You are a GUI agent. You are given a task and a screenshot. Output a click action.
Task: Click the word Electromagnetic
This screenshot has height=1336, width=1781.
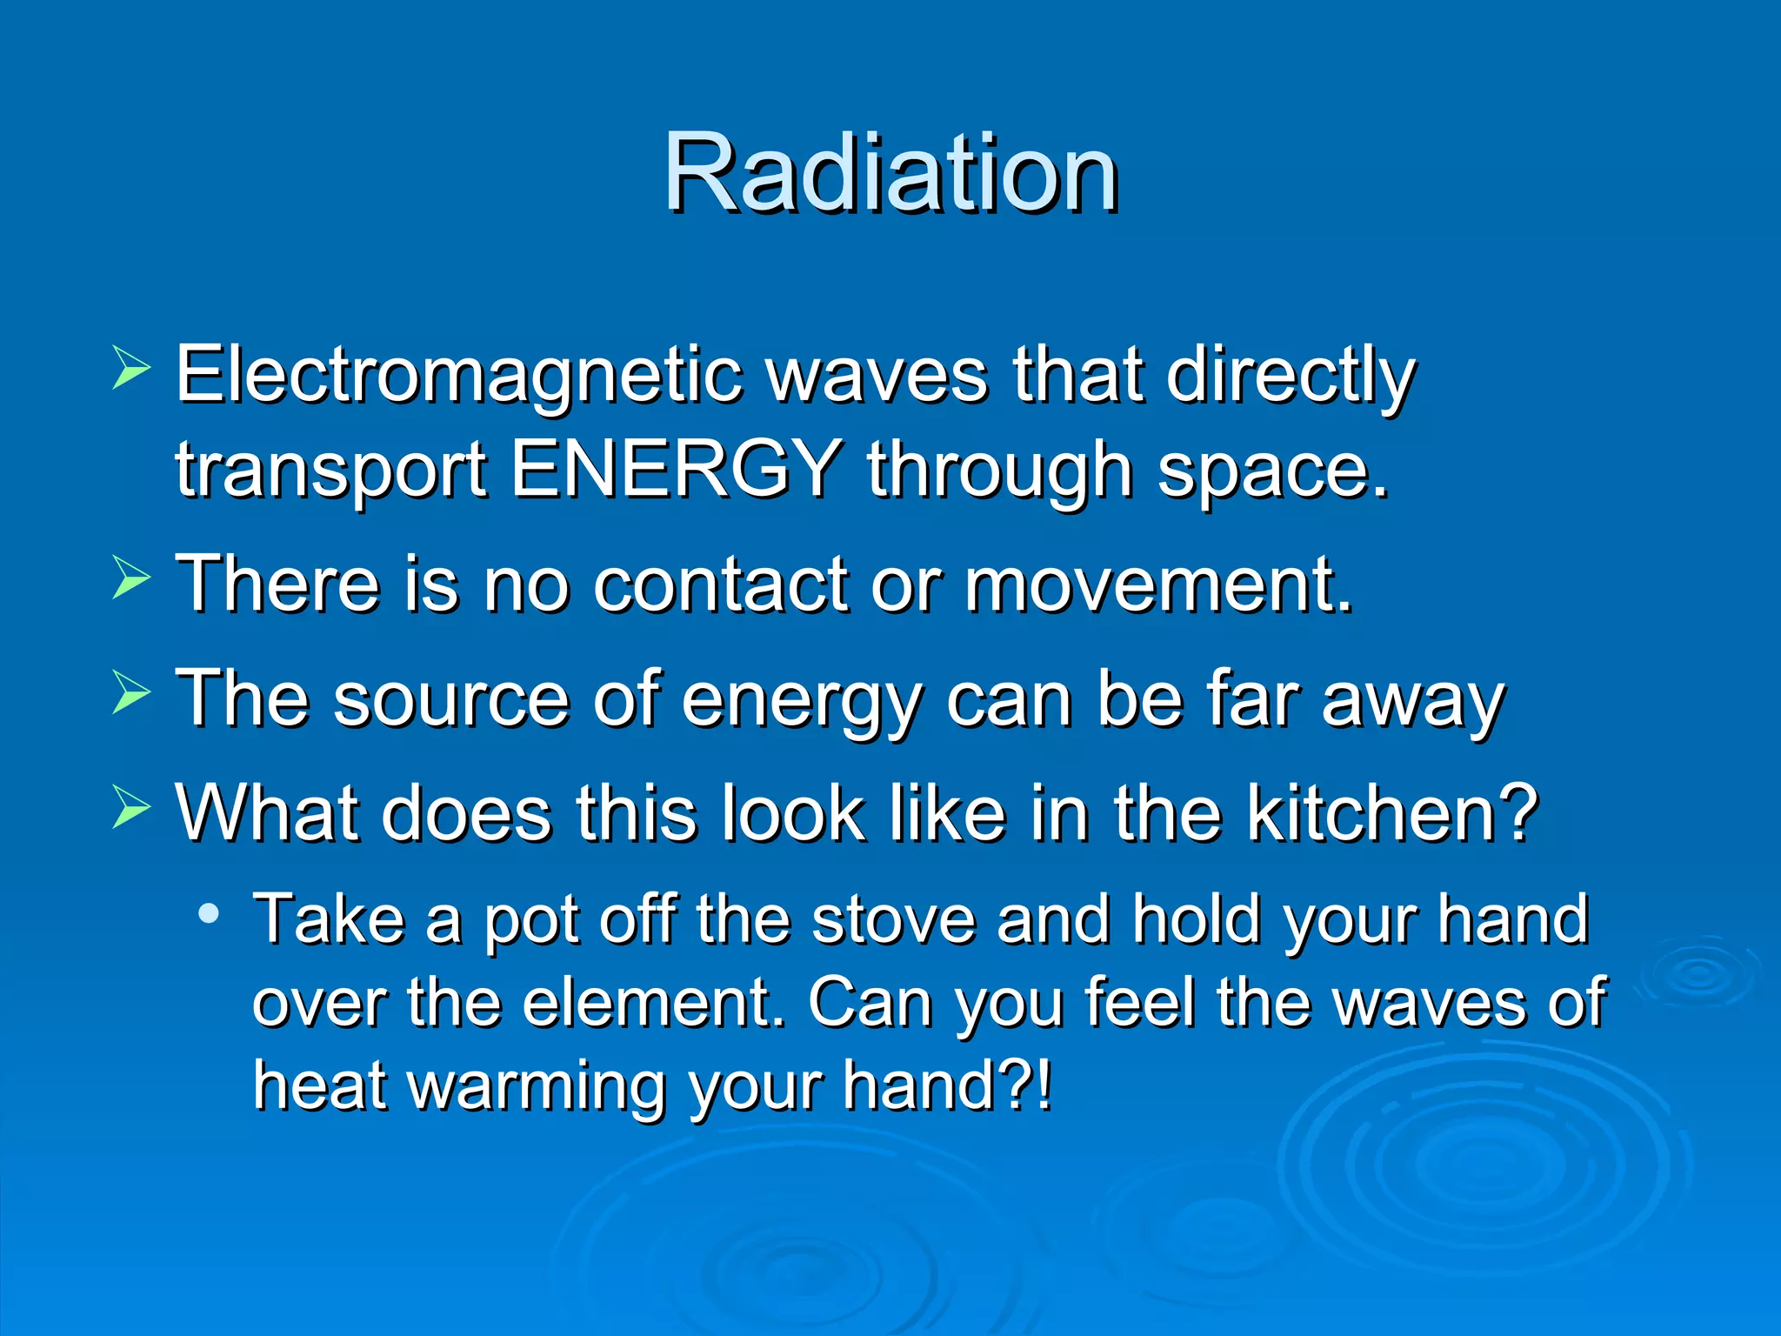tap(458, 375)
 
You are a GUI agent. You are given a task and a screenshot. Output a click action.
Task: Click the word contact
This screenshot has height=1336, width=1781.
tap(721, 584)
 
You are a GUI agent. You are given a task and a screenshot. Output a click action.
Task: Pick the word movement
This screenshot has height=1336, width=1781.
tap(1157, 584)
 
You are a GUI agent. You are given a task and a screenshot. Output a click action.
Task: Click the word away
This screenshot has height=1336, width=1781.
tap(1412, 701)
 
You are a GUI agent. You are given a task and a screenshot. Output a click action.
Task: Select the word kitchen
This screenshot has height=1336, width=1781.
tap(1391, 813)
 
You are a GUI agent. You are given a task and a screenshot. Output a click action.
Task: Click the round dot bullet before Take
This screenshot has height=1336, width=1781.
tap(209, 913)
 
